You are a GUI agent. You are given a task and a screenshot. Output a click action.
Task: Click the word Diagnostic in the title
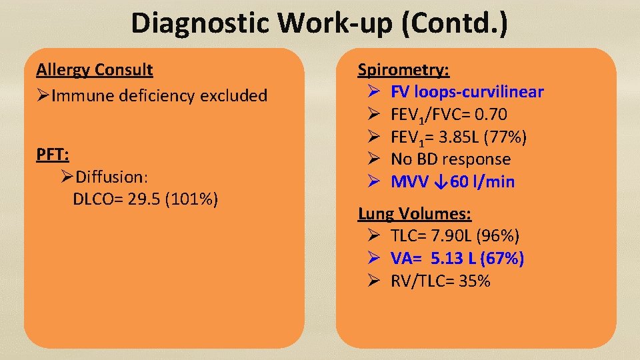201,23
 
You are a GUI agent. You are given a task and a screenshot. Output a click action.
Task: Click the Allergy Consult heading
95,69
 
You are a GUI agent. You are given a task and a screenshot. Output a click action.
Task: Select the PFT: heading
53,154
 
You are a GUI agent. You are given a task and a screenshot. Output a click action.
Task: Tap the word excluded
238,96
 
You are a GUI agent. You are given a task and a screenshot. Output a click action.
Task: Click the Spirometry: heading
403,69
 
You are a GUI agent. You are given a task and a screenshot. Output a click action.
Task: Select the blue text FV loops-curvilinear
467,92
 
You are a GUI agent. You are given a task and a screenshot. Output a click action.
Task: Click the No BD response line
450,159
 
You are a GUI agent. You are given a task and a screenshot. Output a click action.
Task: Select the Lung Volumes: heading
415,214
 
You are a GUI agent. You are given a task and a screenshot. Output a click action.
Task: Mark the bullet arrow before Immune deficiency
43,96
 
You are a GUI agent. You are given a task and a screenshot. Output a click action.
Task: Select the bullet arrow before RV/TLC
373,281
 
